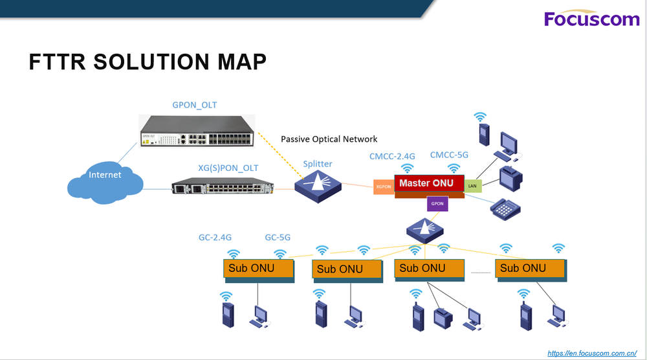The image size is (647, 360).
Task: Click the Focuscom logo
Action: click(x=591, y=19)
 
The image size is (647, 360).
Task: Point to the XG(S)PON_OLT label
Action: click(x=228, y=168)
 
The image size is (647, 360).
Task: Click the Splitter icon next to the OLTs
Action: click(x=317, y=185)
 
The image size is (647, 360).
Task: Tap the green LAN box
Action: click(x=472, y=186)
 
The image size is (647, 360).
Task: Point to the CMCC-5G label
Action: click(x=448, y=155)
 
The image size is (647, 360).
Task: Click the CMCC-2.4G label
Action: click(x=392, y=155)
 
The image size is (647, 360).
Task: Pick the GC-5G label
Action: click(x=278, y=238)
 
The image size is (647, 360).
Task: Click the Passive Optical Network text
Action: click(x=329, y=139)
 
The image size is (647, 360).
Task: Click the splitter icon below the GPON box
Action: click(x=424, y=228)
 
